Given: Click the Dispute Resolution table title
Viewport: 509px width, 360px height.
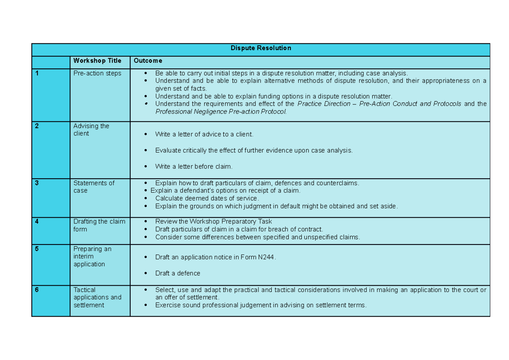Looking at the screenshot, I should (260, 48).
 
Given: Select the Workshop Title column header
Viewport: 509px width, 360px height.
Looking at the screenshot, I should (97, 61).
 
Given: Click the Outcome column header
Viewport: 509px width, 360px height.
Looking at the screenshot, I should (148, 61).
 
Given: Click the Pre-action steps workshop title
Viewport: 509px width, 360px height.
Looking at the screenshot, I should (97, 73).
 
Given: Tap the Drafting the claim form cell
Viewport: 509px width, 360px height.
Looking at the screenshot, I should (99, 225).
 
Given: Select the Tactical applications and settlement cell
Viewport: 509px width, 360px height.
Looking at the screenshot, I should (97, 298).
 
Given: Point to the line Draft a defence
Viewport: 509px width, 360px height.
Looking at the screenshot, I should (177, 273).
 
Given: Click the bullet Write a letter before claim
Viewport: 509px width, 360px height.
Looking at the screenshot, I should (194, 166).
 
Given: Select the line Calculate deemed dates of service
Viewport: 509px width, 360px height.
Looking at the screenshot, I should (207, 199).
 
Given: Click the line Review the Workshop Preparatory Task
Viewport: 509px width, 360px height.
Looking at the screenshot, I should (213, 222).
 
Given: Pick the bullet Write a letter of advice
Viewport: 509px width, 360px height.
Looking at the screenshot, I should (204, 135).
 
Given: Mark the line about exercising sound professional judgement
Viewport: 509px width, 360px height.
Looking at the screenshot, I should (260, 305).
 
